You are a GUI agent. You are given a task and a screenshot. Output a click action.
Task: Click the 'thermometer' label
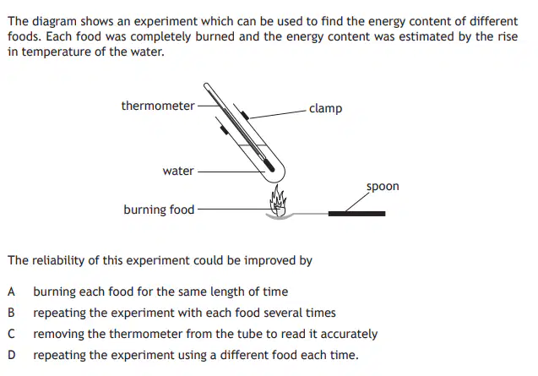pyautogui.click(x=158, y=106)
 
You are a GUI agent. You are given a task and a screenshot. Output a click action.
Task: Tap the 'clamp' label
pyautogui.click(x=326, y=108)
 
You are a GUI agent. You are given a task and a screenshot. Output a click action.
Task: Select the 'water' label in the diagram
pyautogui.click(x=178, y=171)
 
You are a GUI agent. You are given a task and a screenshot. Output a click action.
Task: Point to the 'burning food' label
pyautogui.click(x=159, y=210)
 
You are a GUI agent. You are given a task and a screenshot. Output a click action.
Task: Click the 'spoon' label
pyautogui.click(x=383, y=187)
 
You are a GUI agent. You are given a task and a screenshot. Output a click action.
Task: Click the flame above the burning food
pyautogui.click(x=278, y=199)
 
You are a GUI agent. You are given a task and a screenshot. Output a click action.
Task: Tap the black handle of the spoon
pyautogui.click(x=356, y=214)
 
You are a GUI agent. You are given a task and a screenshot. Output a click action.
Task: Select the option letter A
pyautogui.click(x=11, y=292)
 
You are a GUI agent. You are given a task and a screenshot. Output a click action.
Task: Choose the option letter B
pyautogui.click(x=11, y=313)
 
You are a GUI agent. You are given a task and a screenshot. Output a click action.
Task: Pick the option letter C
pyautogui.click(x=11, y=334)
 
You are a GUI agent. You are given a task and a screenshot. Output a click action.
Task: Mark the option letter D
pyautogui.click(x=11, y=355)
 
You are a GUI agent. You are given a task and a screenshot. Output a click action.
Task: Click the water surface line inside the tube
pyautogui.click(x=253, y=145)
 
